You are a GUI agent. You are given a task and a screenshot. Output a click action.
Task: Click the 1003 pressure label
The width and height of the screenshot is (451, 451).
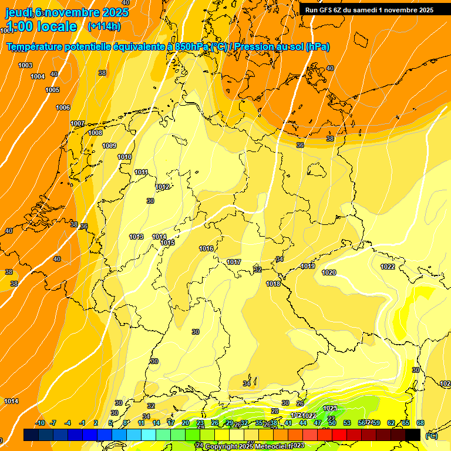tap(25, 65)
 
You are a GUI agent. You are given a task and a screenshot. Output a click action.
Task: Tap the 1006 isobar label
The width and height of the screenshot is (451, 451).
tap(63, 107)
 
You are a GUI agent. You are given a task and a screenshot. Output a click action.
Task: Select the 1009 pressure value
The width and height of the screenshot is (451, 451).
tap(109, 146)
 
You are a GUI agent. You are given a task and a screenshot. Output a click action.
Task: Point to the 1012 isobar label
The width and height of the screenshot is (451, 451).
tap(163, 187)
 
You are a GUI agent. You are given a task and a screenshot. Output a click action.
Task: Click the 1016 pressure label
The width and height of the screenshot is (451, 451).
tap(206, 248)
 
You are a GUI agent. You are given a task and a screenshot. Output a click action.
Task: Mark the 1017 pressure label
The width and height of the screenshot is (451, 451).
tap(234, 262)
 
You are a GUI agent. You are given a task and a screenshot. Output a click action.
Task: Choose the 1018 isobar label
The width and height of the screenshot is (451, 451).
tap(273, 284)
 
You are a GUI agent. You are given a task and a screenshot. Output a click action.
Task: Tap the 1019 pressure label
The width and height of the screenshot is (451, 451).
tap(308, 266)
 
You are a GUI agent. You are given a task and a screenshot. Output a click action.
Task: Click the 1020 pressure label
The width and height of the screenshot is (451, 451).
tap(329, 272)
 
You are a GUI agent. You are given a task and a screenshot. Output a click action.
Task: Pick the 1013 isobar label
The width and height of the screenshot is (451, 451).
tap(136, 237)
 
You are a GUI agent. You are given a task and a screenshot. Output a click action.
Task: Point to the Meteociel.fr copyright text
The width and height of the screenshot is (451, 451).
tap(248, 446)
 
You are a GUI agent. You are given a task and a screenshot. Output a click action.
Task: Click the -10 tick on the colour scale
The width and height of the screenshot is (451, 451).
tap(39, 423)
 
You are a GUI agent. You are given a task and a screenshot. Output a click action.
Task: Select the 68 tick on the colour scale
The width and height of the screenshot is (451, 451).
tap(420, 423)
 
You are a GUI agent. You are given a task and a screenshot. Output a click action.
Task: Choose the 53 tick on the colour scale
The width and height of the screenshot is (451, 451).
tap(347, 423)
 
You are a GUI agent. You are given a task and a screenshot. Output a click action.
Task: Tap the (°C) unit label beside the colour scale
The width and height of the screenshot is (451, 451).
tap(432, 436)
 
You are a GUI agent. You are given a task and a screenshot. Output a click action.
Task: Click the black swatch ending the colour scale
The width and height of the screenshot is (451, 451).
tap(413, 435)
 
